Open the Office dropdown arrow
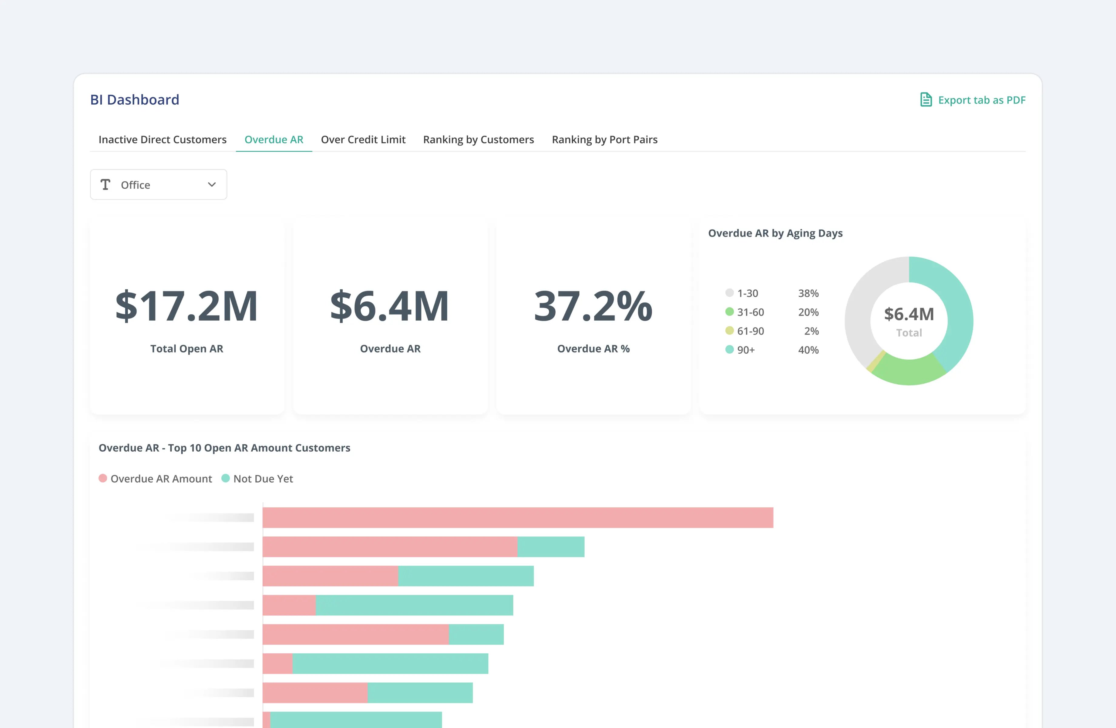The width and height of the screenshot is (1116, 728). click(x=211, y=185)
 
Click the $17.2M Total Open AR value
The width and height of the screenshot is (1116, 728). click(x=187, y=306)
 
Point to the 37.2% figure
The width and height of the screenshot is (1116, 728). click(x=593, y=306)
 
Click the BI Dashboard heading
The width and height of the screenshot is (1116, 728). click(x=135, y=99)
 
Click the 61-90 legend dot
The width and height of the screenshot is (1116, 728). click(x=729, y=331)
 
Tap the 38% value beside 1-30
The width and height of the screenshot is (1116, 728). click(x=808, y=293)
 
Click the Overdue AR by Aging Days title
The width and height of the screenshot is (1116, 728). click(x=775, y=233)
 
